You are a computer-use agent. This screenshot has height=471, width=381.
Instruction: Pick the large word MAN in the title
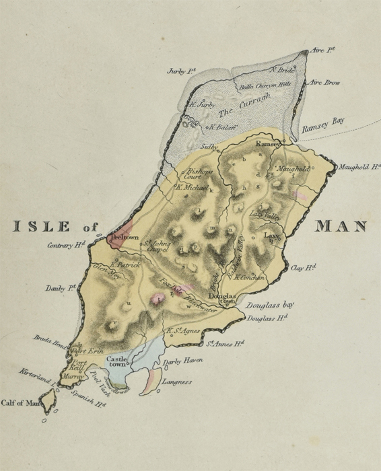pyautogui.click(x=341, y=227)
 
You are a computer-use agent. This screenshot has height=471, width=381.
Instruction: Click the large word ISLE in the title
pyautogui.click(x=43, y=227)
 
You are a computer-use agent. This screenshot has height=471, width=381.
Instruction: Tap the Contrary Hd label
pyautogui.click(x=66, y=246)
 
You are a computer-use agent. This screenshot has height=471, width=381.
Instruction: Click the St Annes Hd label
pyautogui.click(x=224, y=344)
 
